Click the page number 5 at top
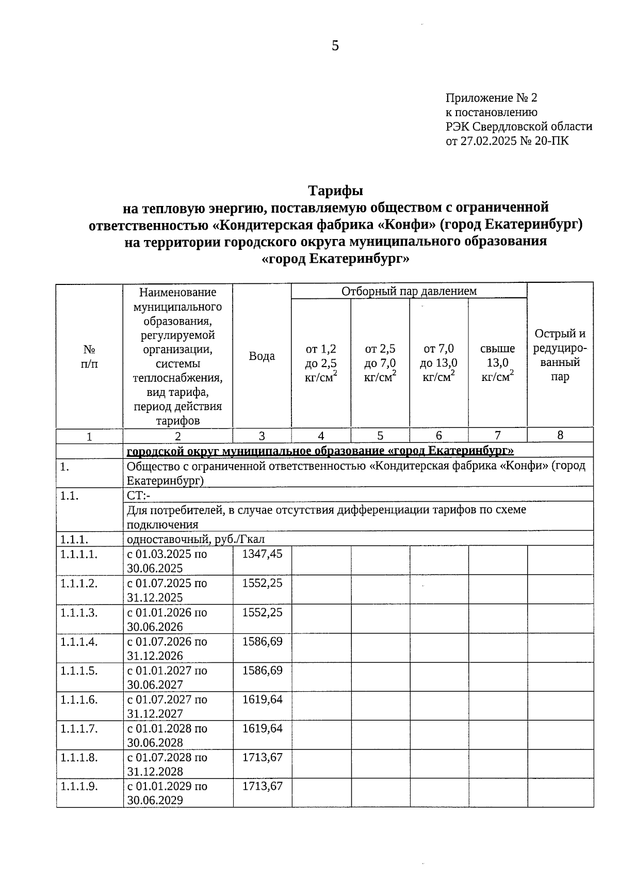click(335, 46)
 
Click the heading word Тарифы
click(336, 190)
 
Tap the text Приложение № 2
click(491, 98)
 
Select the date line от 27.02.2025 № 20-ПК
click(507, 140)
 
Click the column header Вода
click(262, 356)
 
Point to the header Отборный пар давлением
click(409, 291)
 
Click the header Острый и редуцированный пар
click(560, 355)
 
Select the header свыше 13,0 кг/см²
click(497, 362)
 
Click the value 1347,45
click(262, 554)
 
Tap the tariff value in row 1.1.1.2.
click(262, 583)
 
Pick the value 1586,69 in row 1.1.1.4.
click(262, 641)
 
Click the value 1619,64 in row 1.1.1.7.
click(262, 728)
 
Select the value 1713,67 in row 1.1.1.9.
click(262, 786)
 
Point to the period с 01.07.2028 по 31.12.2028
click(167, 764)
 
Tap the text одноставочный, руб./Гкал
click(196, 539)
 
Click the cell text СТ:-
click(138, 496)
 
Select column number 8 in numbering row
click(560, 435)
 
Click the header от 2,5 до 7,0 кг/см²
click(380, 362)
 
